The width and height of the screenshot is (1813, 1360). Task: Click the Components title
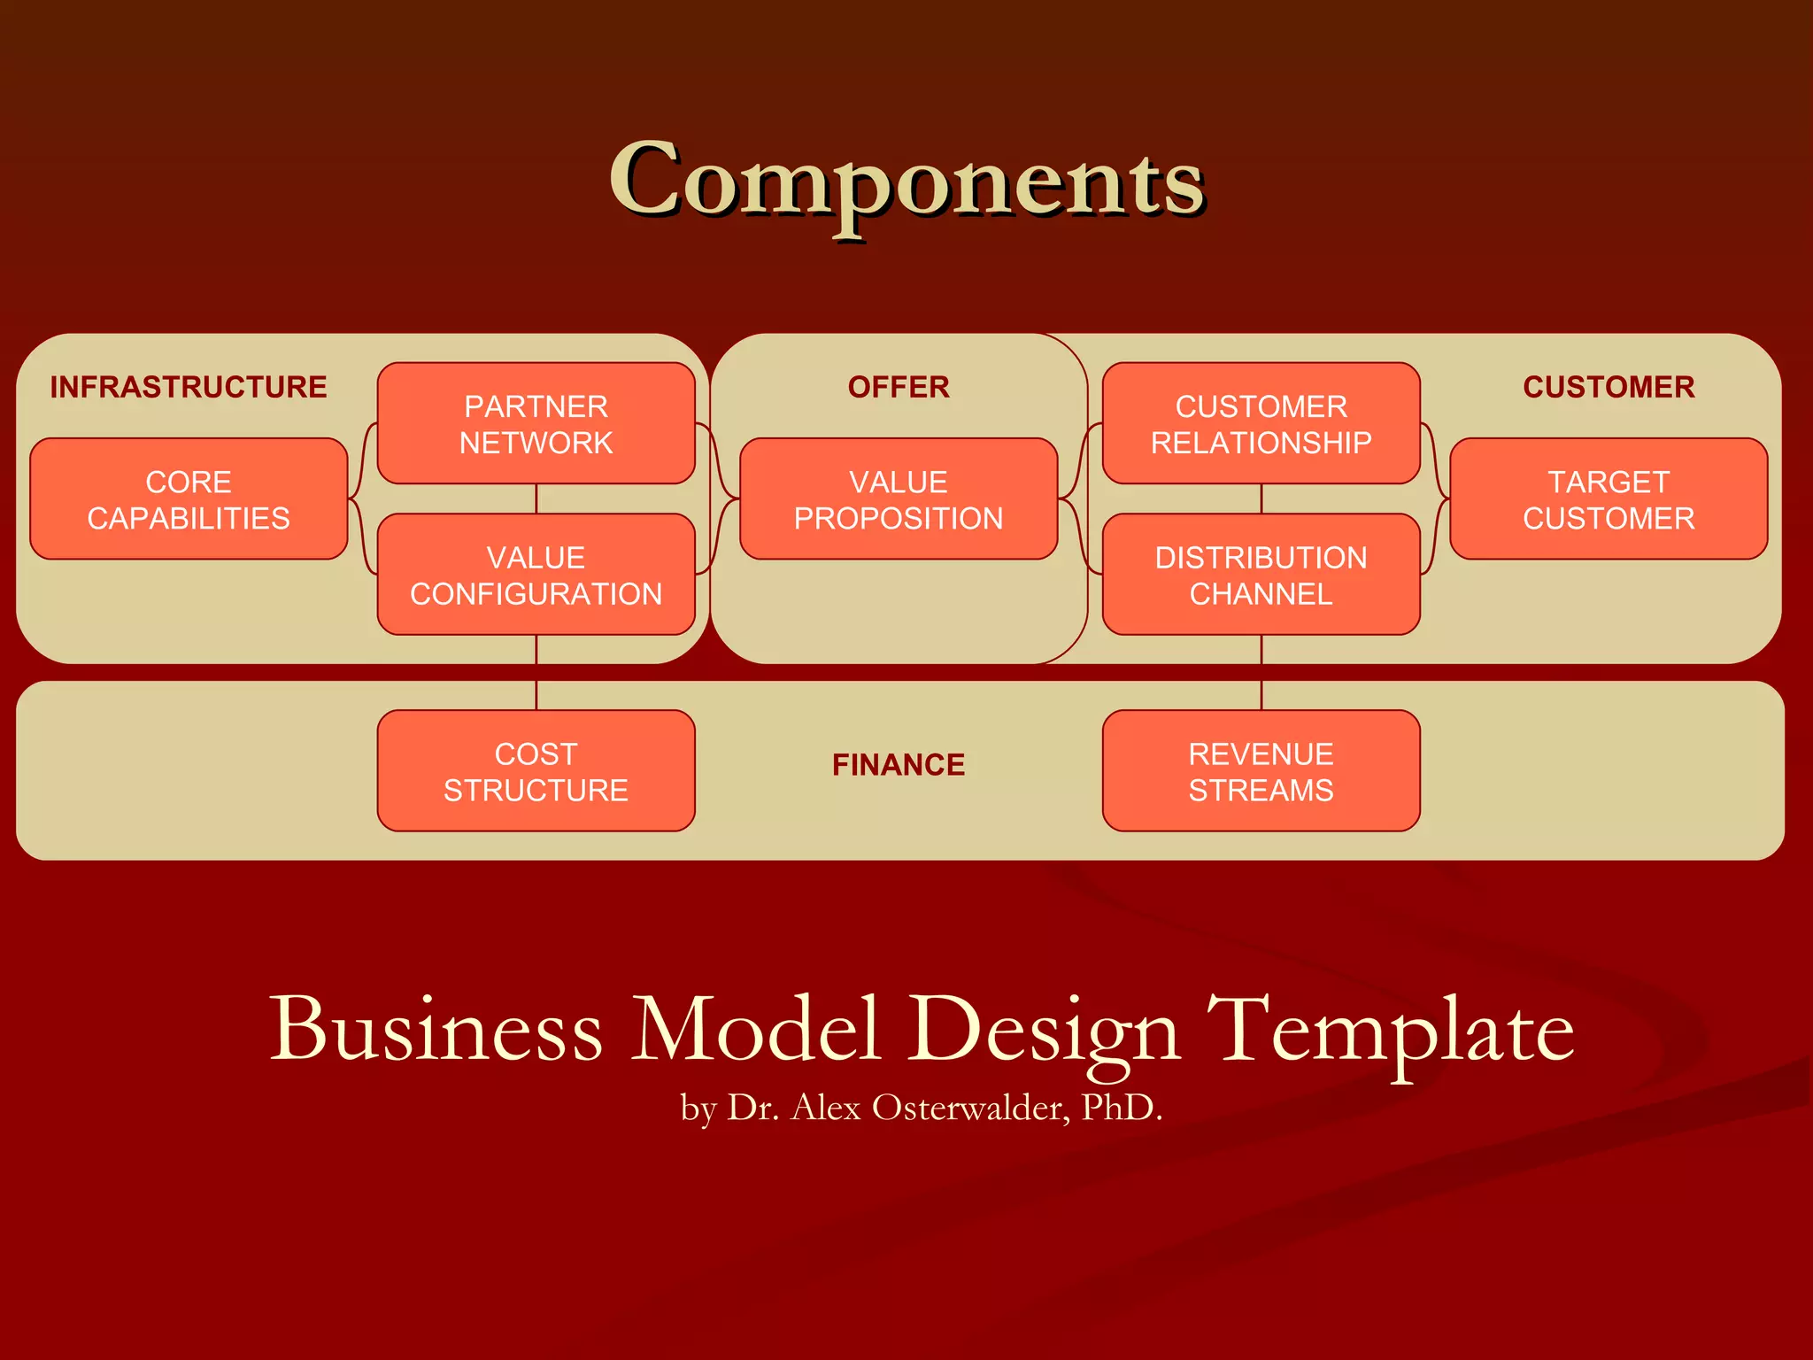click(x=906, y=182)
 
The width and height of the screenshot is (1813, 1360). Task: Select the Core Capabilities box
click(x=189, y=499)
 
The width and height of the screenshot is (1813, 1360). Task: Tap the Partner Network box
click(x=536, y=423)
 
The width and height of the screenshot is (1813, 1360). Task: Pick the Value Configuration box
click(x=536, y=575)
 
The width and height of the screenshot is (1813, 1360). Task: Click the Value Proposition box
click(x=899, y=499)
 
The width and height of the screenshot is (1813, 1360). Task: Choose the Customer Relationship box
click(x=1261, y=423)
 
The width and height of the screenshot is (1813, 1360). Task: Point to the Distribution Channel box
click(x=1261, y=575)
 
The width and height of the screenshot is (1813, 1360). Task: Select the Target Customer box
click(x=1609, y=499)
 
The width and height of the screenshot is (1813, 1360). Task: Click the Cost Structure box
click(x=536, y=771)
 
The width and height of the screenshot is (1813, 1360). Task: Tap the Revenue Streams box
click(x=1261, y=771)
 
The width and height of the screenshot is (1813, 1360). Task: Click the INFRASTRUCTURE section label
click(x=189, y=387)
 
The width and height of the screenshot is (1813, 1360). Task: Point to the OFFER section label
click(x=899, y=387)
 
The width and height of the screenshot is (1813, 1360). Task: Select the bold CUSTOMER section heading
click(x=1609, y=387)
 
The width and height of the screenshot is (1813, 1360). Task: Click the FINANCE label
click(x=899, y=765)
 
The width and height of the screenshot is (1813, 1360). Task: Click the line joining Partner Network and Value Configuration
click(x=536, y=498)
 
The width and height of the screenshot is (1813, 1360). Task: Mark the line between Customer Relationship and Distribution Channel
click(x=1261, y=498)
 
